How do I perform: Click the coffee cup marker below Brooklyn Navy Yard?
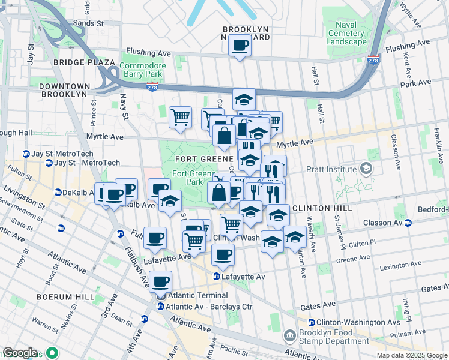click(x=240, y=46)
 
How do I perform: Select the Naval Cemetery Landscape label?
click(x=346, y=33)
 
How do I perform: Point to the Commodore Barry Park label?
click(x=141, y=70)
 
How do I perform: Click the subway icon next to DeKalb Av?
click(x=58, y=193)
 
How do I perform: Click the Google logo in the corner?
click(x=19, y=353)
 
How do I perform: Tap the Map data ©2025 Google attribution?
click(x=412, y=355)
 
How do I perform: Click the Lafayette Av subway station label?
click(x=243, y=276)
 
